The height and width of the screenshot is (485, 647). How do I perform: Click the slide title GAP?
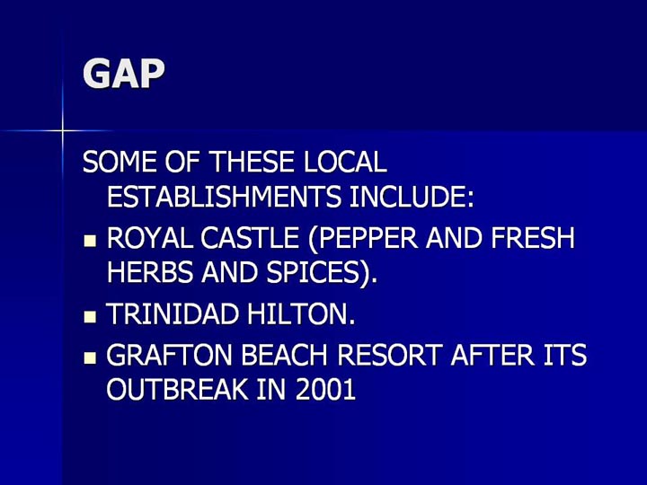click(x=124, y=74)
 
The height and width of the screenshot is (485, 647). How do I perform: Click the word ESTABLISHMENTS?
click(x=224, y=196)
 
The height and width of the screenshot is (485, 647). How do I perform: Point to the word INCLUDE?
click(x=411, y=196)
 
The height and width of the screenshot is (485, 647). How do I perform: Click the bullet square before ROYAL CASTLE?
click(x=90, y=241)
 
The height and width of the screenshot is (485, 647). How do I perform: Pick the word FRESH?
click(x=533, y=238)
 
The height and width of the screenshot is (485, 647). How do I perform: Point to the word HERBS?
click(x=150, y=272)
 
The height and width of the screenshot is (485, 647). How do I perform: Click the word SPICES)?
click(x=322, y=273)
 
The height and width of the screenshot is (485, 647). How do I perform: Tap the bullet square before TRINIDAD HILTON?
click(x=90, y=316)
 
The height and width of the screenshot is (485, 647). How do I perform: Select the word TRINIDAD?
click(x=173, y=313)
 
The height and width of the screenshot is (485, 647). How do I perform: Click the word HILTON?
click(x=301, y=313)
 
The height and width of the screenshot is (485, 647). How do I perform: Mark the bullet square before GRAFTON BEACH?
click(x=90, y=357)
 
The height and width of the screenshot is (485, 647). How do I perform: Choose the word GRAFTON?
click(x=169, y=355)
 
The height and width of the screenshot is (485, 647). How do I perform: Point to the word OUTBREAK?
click(x=178, y=389)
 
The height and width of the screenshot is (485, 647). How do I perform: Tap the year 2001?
click(x=324, y=389)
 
